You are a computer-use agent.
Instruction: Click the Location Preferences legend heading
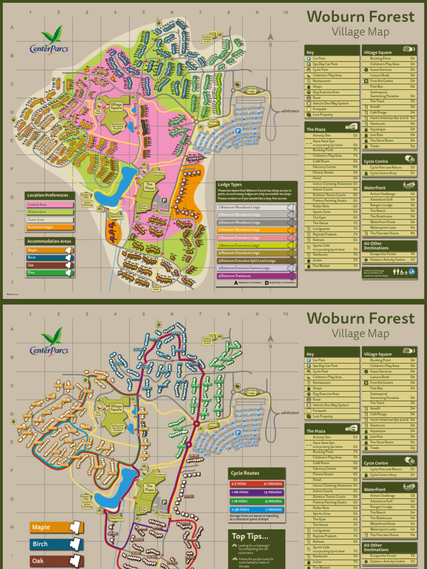coord(49,195)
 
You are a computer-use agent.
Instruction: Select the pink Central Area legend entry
coord(49,204)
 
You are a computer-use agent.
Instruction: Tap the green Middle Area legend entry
coord(49,212)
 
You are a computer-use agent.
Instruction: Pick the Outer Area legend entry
coord(49,219)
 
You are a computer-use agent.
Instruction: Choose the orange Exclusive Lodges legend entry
coord(49,227)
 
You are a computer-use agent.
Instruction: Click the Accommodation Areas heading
coord(49,241)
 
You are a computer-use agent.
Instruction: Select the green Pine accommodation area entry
coord(49,273)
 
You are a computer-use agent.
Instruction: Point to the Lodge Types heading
coord(230,184)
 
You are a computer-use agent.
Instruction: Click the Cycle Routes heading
coord(245,473)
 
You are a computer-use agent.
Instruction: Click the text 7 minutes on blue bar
coord(273,509)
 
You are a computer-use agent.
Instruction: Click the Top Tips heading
coord(250,536)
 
